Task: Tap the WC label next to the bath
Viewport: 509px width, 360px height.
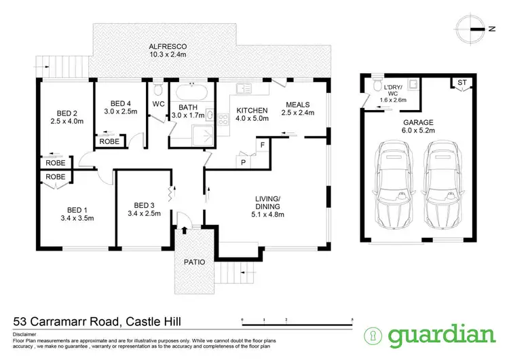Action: pos(158,105)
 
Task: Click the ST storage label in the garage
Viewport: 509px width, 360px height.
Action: pos(461,83)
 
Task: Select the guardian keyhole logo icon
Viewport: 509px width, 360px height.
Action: pos(373,336)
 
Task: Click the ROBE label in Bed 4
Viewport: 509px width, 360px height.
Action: pos(109,142)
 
